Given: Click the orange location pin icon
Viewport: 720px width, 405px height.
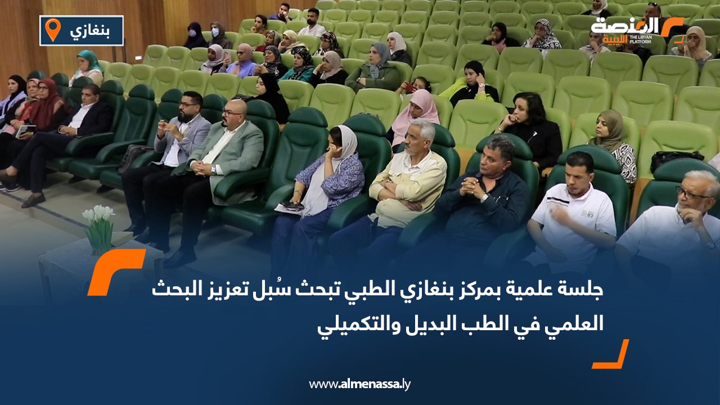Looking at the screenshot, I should [52, 30].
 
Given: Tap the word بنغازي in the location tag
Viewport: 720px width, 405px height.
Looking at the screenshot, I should [88, 31].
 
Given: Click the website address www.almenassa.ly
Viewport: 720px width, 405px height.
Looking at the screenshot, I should [360, 384].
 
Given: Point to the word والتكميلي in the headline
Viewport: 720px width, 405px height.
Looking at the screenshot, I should [349, 325].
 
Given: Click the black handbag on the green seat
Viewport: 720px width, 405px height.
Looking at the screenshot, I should [676, 160].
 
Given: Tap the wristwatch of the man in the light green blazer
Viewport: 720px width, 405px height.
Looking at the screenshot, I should [213, 169].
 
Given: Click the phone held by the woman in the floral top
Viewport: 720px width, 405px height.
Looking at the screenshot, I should [294, 205].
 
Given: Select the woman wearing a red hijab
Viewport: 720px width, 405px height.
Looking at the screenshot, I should [42, 104].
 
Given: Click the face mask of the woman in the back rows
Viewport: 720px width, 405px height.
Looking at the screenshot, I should [214, 33].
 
